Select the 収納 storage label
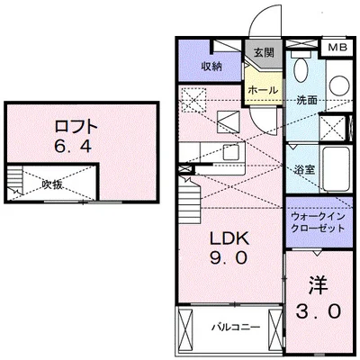pyautogui.click(x=211, y=66)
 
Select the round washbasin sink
pyautogui.click(x=339, y=84)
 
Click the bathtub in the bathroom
pyautogui.click(x=337, y=168)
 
